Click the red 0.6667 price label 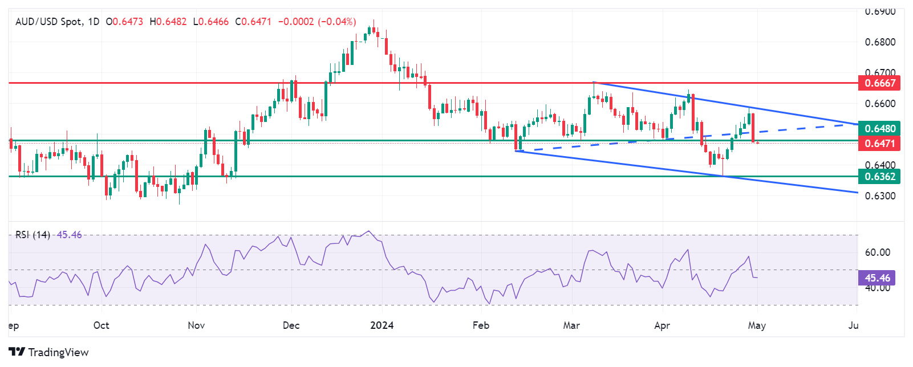coord(879,83)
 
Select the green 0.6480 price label coord(879,129)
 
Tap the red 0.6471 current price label coord(879,144)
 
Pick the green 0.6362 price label coord(879,177)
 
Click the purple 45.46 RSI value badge coord(877,278)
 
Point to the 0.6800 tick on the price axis coord(880,42)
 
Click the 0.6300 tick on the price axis coord(880,196)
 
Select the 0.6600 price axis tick coord(880,104)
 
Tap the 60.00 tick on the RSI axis coord(877,252)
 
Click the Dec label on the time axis coord(291,325)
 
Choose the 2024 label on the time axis coord(382,325)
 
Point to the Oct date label coord(101,325)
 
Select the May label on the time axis coord(757,325)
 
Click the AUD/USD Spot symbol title coord(50,22)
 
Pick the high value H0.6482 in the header coord(168,22)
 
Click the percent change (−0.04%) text coord(337,22)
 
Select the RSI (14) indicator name coord(33,235)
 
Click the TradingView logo coord(48,352)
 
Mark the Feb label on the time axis coord(481,325)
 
